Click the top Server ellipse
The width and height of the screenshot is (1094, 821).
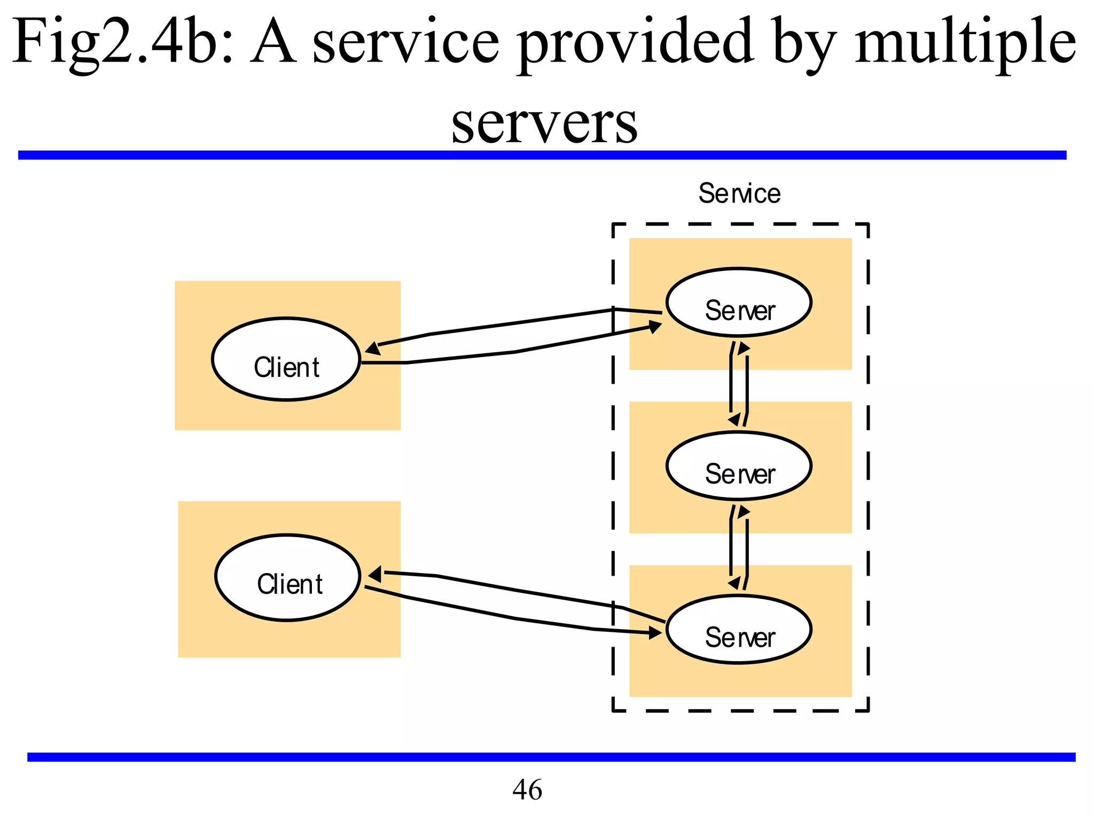(x=739, y=303)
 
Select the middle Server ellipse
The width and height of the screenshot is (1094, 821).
(x=739, y=466)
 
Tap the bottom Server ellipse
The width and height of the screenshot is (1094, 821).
(x=739, y=630)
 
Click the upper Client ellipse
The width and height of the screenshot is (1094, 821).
(x=286, y=359)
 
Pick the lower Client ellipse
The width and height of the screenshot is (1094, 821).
(x=288, y=577)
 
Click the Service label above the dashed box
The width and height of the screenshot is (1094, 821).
(x=739, y=193)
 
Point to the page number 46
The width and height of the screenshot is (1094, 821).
(x=527, y=789)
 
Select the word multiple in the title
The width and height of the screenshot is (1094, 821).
(x=965, y=42)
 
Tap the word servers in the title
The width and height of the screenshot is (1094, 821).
(x=544, y=124)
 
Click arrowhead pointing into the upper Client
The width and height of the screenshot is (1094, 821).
(x=372, y=348)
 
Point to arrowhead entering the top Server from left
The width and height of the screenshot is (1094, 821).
(x=655, y=327)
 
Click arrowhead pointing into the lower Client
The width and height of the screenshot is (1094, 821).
(x=375, y=575)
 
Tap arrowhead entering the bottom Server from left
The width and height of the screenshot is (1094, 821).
(x=655, y=633)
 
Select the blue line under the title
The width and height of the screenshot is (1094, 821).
(x=542, y=155)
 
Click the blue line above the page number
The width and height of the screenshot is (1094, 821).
(x=550, y=757)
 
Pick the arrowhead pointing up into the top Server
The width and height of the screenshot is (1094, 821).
(x=743, y=349)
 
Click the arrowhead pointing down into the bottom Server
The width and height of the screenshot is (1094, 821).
(x=735, y=583)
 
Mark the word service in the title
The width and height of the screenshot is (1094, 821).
(x=406, y=42)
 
